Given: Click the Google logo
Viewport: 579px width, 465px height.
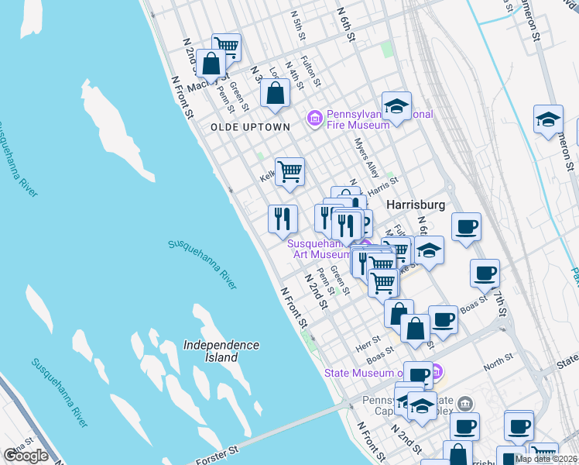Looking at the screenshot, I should click(x=26, y=456).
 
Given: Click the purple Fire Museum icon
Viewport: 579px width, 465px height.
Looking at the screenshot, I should click(x=314, y=118).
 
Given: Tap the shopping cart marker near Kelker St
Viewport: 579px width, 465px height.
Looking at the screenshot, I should click(x=289, y=171).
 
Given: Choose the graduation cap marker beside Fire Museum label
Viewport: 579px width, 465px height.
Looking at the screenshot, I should click(x=396, y=106).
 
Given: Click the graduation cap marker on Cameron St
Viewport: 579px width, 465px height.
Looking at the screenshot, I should click(x=548, y=119).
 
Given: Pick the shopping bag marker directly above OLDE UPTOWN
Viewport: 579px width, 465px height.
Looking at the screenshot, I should click(x=275, y=94).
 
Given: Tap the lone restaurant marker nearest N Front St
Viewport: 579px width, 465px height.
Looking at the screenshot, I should click(x=283, y=218).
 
